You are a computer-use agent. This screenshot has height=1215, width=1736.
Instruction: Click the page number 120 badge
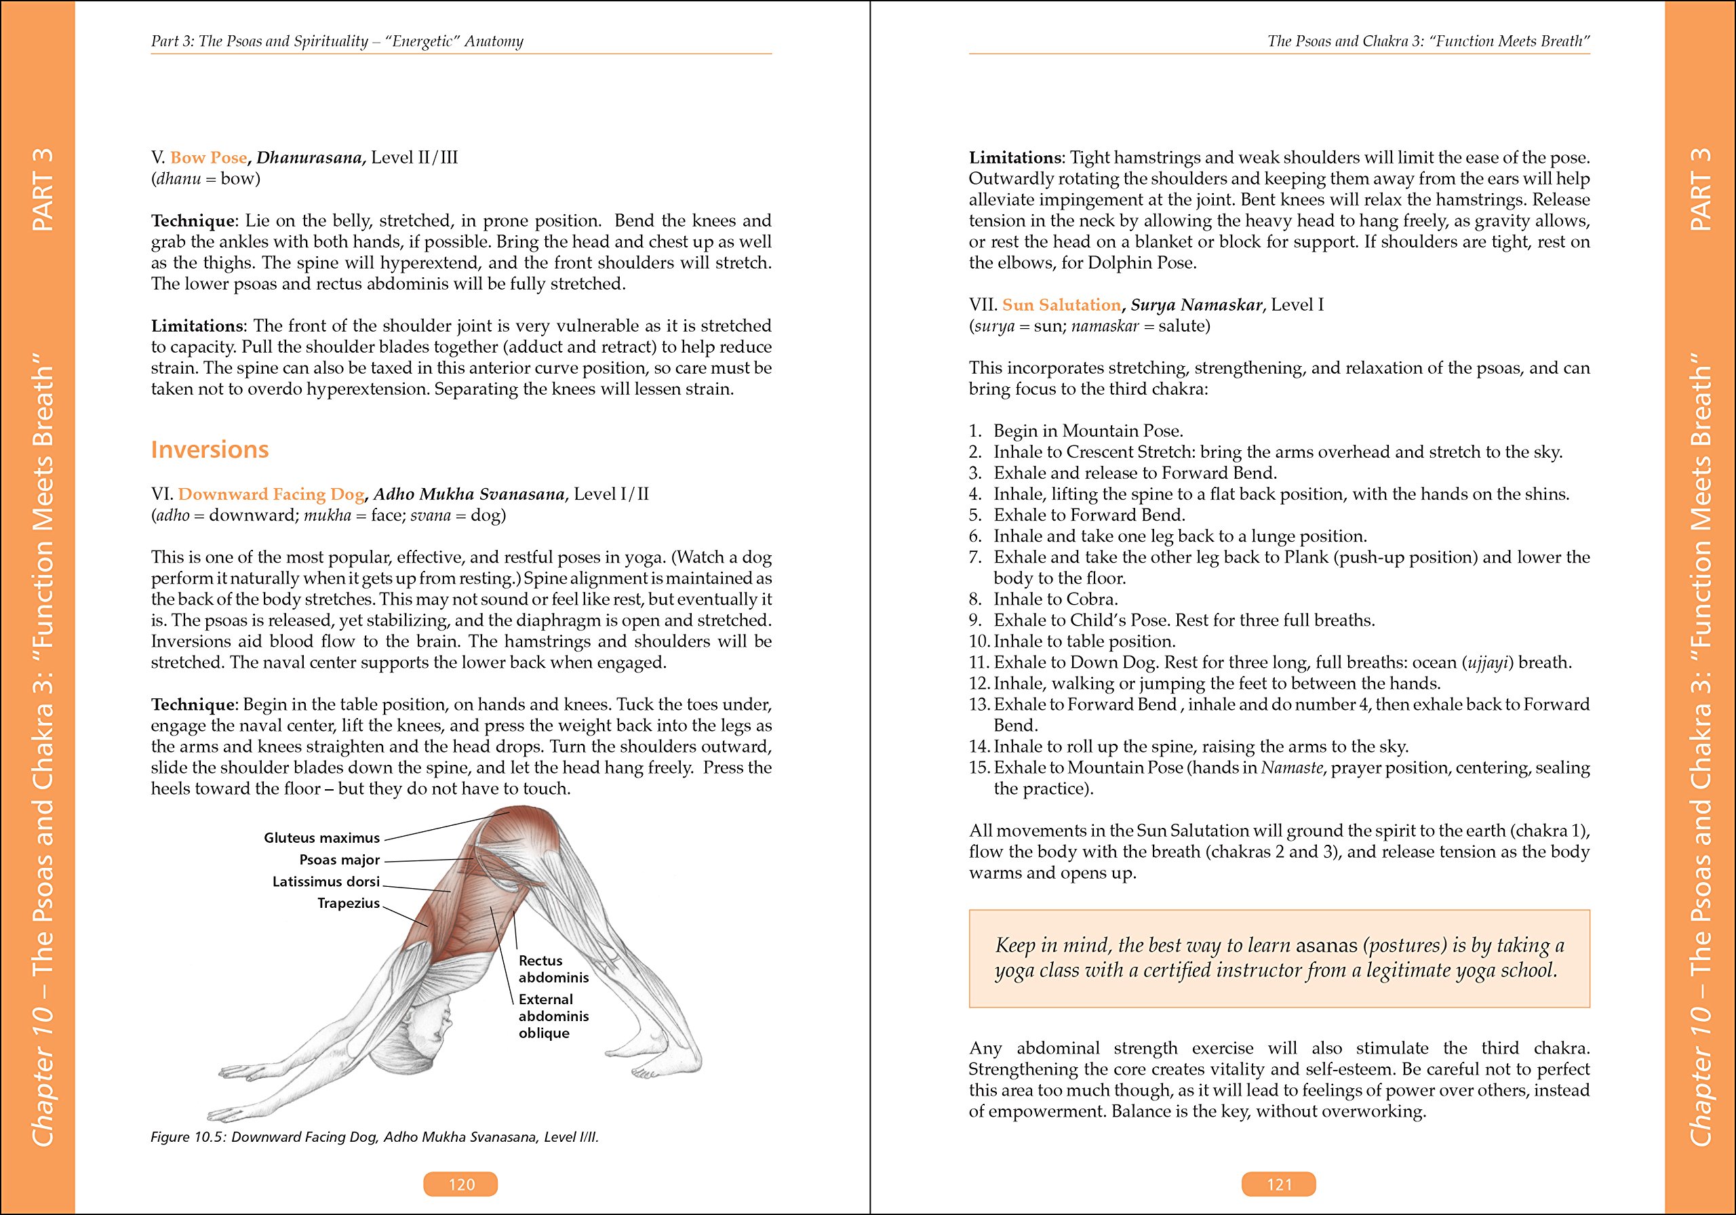tap(460, 1184)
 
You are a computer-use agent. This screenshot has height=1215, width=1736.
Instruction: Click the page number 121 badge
tap(1278, 1184)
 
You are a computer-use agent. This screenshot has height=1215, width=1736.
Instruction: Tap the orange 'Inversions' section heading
tap(210, 449)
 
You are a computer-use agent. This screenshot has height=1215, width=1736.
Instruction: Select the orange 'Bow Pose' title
tap(209, 157)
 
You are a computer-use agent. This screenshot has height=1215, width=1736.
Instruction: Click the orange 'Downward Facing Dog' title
tap(271, 494)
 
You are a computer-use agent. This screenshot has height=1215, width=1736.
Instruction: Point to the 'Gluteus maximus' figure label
tap(321, 838)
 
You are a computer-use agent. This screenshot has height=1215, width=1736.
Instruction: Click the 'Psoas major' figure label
tap(340, 860)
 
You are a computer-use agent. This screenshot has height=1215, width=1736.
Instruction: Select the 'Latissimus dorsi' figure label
tap(326, 881)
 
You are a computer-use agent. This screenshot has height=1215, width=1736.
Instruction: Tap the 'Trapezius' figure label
tap(348, 902)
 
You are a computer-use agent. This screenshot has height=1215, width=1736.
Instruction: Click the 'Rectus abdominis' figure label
tap(553, 968)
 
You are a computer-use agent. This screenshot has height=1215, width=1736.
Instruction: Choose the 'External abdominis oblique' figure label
tap(553, 1016)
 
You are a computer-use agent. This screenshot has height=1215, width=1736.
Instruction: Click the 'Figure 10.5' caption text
tap(374, 1137)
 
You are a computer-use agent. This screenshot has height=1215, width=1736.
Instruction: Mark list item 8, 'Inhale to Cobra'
tap(1054, 599)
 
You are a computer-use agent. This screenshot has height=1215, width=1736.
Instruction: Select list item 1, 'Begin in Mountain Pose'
tap(1087, 431)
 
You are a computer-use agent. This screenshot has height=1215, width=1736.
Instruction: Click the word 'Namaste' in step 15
tap(1291, 768)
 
